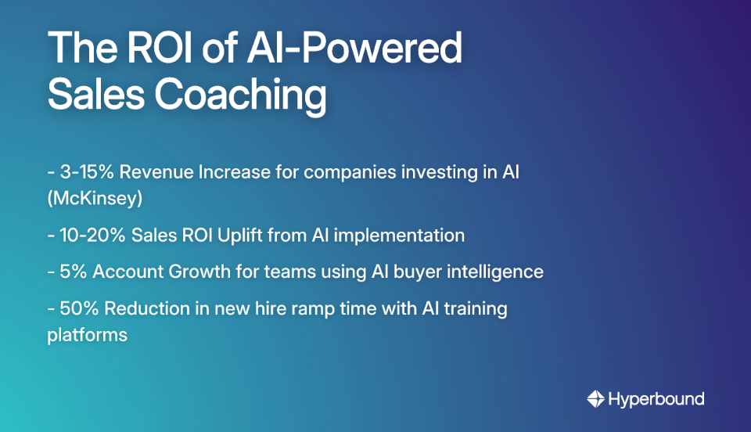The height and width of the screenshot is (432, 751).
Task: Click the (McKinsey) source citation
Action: [x=95, y=199]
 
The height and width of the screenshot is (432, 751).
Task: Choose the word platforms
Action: [x=87, y=335]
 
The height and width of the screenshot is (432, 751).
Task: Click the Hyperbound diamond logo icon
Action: [x=596, y=399]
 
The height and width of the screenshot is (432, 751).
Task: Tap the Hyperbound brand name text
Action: [x=656, y=399]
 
